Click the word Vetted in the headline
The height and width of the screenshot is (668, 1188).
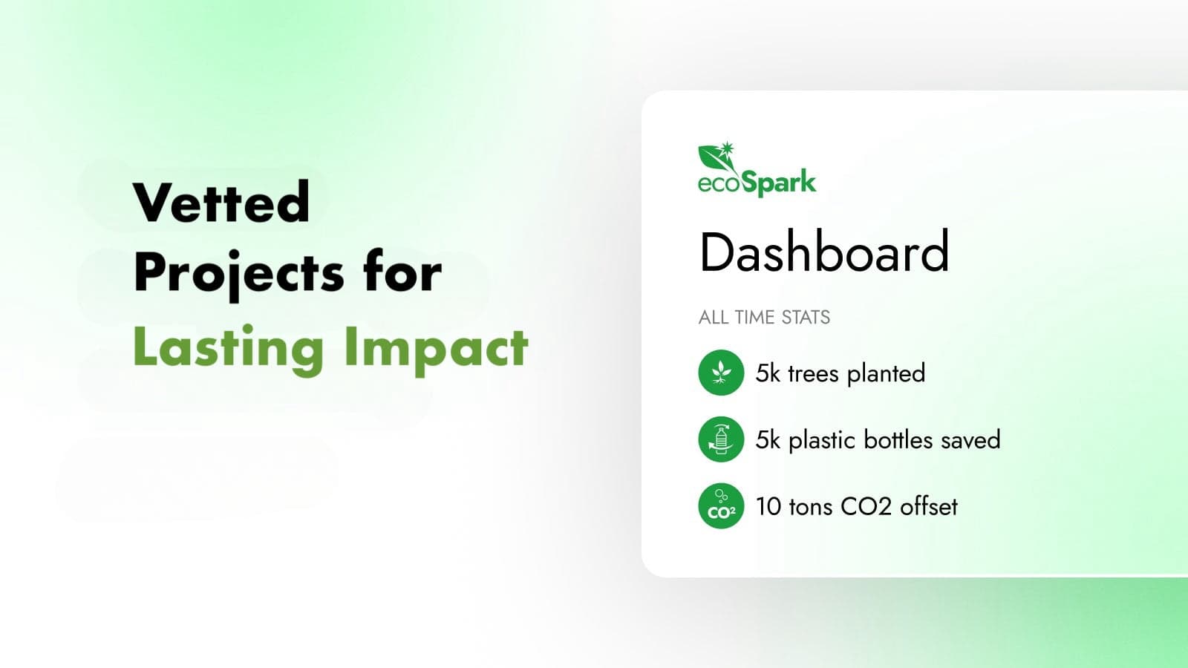coord(221,201)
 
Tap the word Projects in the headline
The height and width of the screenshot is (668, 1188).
coord(239,275)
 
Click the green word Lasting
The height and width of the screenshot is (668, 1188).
coord(228,350)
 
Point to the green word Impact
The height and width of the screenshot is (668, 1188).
coord(436,350)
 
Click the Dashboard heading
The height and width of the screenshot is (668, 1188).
coord(824,252)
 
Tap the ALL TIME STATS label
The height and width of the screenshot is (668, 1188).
coord(764,317)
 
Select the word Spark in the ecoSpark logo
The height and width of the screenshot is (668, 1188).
coord(779,183)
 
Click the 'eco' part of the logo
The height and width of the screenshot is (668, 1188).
coord(719,184)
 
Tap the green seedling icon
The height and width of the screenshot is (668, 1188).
coord(721,373)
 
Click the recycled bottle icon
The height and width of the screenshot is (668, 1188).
coord(721,439)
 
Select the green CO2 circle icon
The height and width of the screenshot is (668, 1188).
coord(721,505)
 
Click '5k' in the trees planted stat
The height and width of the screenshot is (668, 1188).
coord(768,373)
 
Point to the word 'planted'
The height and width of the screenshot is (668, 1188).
coord(887,374)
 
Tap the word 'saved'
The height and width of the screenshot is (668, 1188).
coord(970,440)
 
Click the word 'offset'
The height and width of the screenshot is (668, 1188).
coord(929,506)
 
